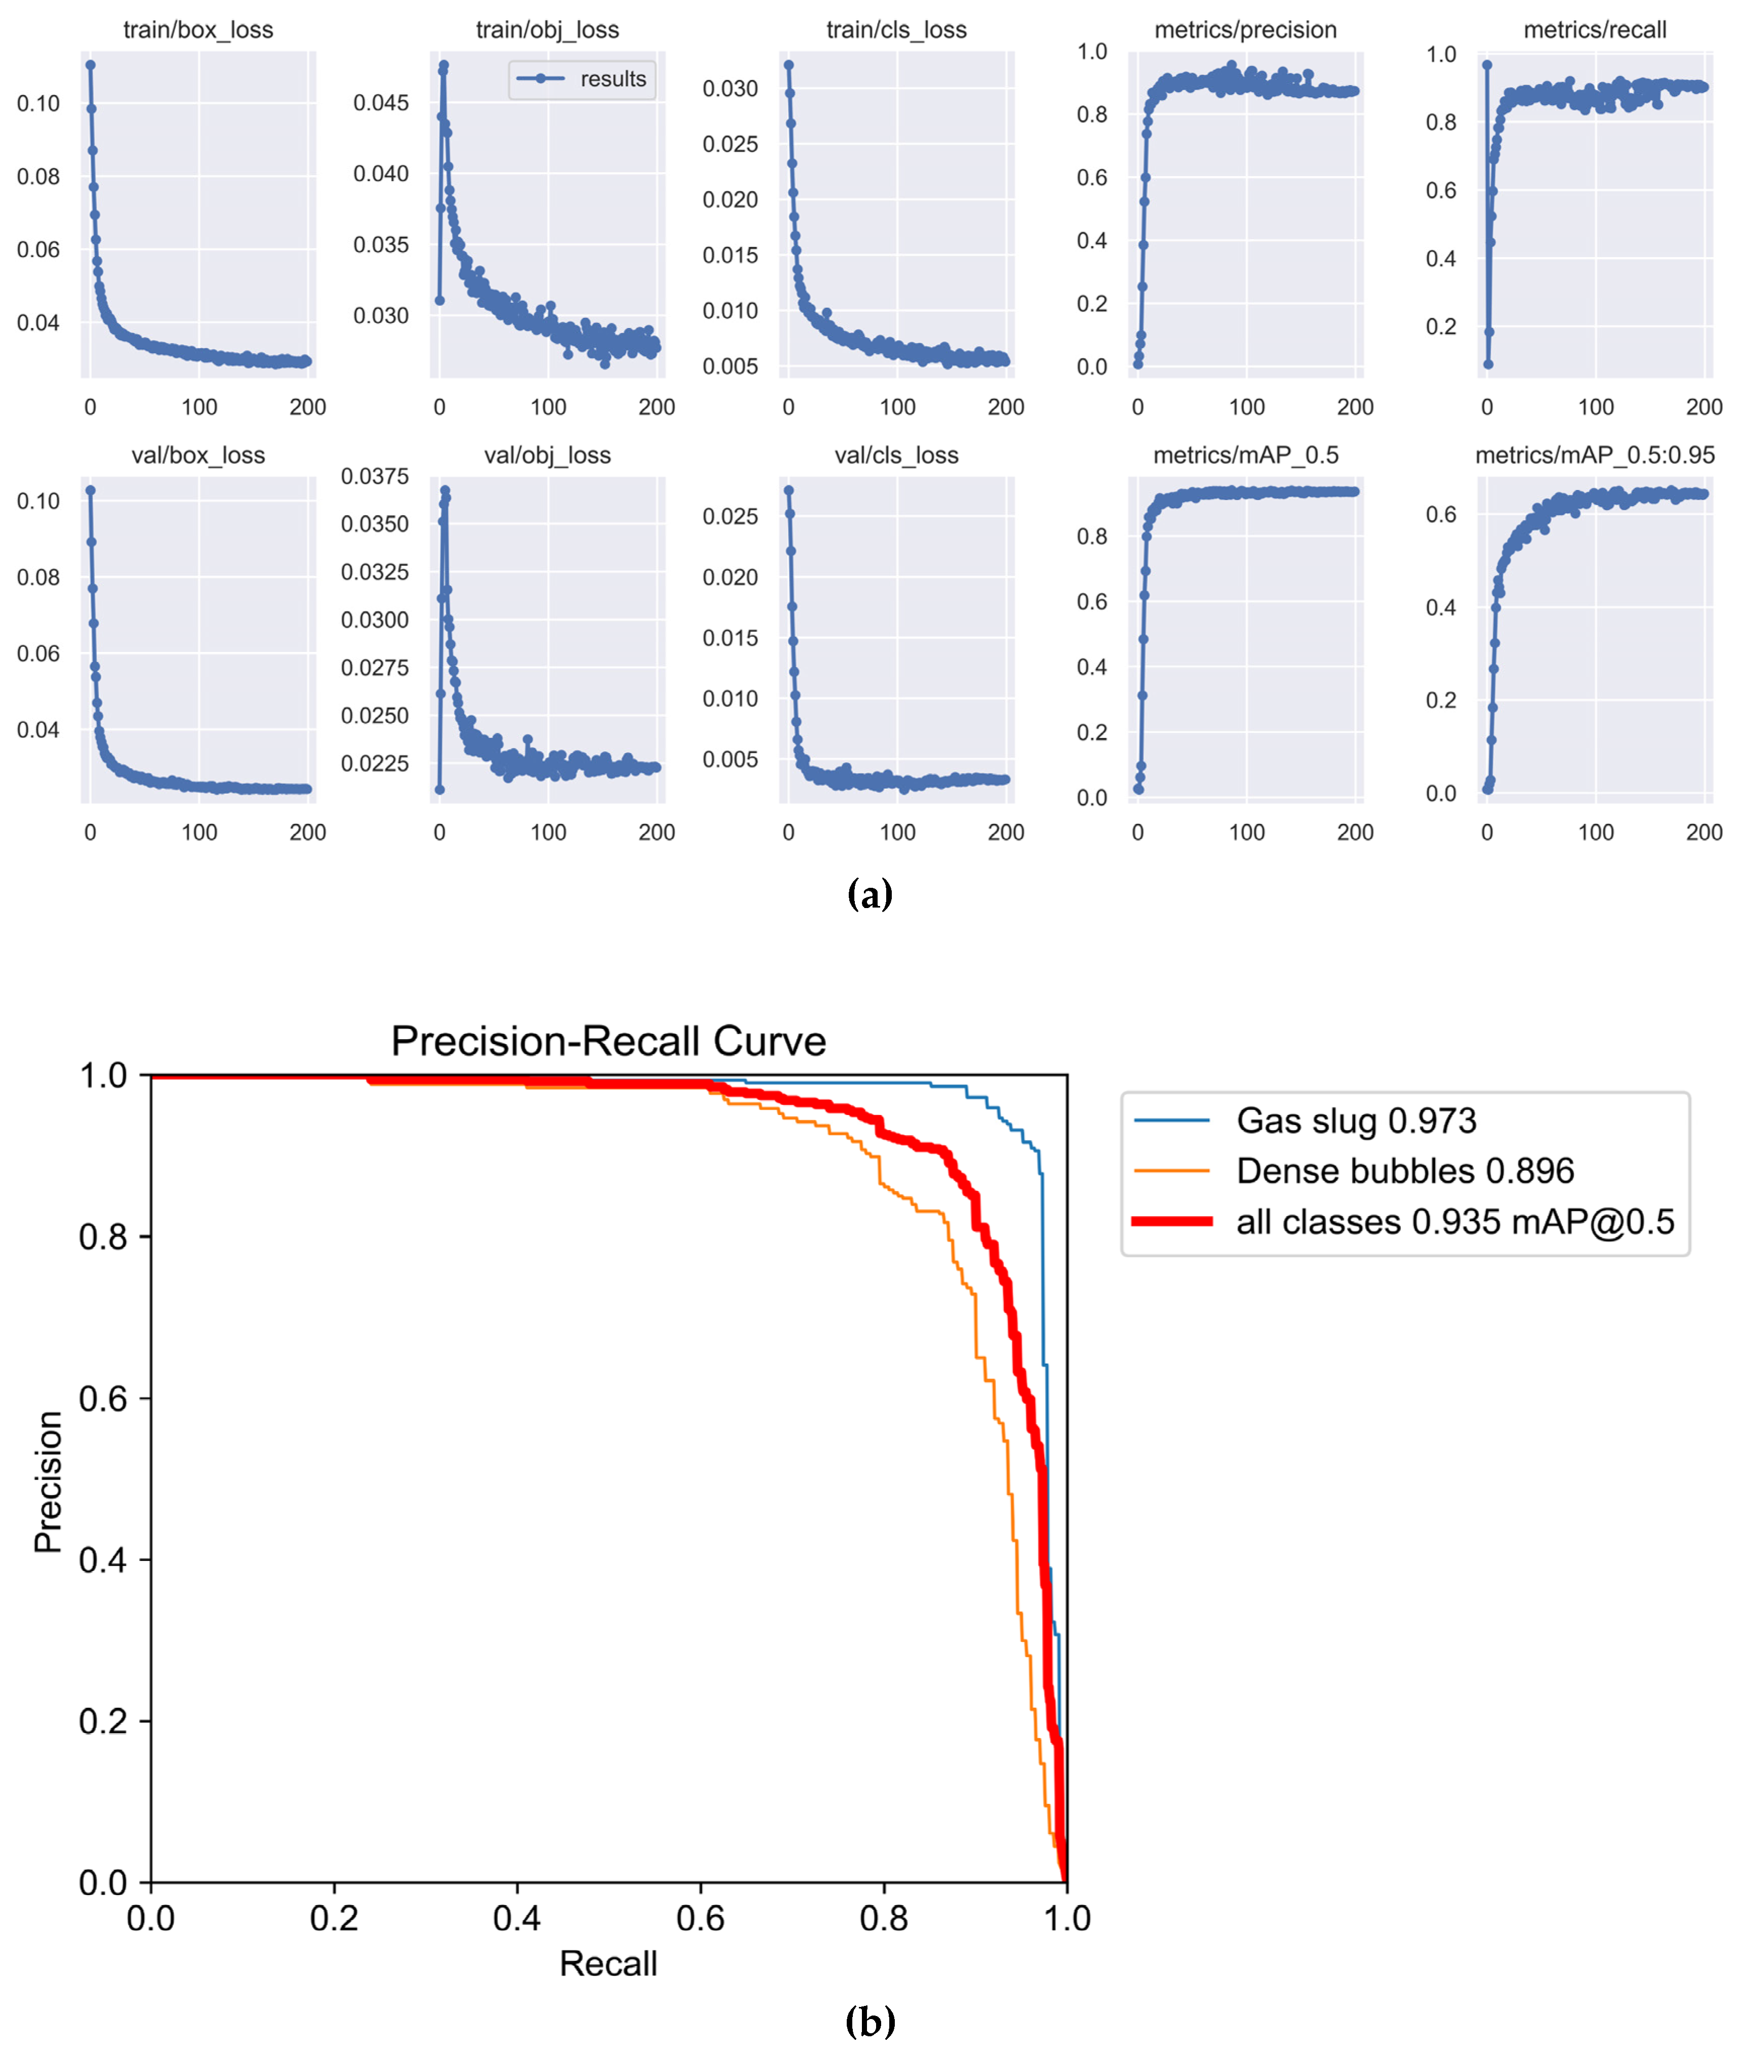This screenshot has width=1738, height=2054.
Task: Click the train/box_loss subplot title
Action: tap(198, 29)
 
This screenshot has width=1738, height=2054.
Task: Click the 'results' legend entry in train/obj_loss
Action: tap(612, 79)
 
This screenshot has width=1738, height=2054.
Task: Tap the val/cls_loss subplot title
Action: tap(896, 455)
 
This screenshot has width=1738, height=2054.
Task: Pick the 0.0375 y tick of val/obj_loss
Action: tap(375, 477)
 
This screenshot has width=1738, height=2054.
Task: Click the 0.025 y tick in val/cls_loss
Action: tap(730, 516)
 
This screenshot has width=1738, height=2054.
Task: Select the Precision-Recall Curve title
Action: tap(608, 1041)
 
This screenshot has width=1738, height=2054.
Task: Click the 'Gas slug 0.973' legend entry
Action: tap(1356, 1120)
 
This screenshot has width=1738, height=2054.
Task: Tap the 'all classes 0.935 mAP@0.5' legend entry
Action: tap(1454, 1221)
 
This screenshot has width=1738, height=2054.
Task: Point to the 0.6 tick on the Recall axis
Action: tap(700, 1918)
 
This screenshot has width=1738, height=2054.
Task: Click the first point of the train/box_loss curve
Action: tap(91, 65)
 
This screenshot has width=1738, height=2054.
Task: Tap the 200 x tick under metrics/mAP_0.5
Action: tap(1355, 833)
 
